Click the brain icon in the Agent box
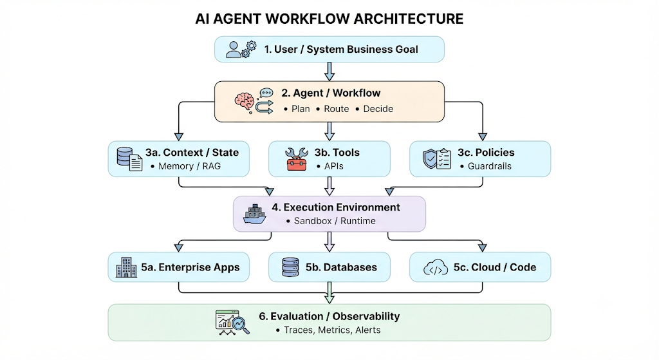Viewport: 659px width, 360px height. pos(244,102)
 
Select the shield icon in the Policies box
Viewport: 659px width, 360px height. pos(430,159)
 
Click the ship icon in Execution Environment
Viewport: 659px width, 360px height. pos(255,214)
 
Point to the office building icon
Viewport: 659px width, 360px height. pos(126,267)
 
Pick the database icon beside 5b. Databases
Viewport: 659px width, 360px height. pos(290,267)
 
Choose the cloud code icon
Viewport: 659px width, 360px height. pos(436,268)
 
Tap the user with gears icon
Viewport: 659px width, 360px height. pos(241,49)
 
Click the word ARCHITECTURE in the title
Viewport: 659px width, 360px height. pos(408,19)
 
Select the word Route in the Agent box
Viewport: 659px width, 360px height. pos(336,109)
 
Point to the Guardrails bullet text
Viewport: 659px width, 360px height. pos(490,166)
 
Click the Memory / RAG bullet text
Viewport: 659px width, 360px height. pos(190,166)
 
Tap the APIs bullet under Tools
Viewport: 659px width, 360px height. pos(334,166)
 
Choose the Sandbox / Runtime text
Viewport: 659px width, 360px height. pos(335,221)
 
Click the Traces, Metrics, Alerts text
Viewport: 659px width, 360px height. pos(332,330)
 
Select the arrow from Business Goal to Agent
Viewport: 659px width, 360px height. pos(329,71)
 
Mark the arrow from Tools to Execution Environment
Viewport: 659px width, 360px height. pos(329,186)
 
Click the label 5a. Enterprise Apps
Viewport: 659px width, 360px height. pos(190,267)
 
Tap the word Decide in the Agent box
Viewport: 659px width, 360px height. pos(378,109)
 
